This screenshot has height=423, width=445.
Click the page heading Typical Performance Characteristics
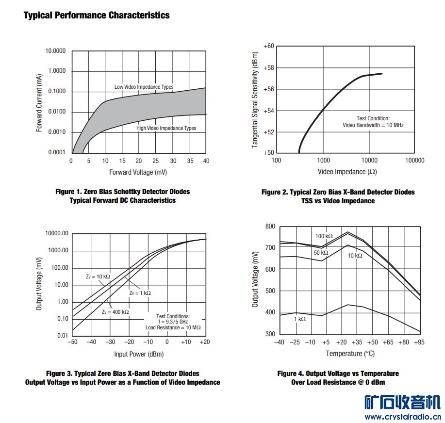pos(97,15)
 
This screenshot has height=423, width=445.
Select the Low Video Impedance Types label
pos(144,87)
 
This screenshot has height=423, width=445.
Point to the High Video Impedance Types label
pos(166,128)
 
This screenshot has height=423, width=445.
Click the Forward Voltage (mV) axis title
pos(138,173)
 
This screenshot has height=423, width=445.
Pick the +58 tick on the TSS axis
pos(268,67)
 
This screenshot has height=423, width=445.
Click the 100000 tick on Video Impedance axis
pos(414,161)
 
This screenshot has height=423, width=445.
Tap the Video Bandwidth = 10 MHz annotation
pos(373,125)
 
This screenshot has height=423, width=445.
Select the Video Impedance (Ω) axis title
pos(347,172)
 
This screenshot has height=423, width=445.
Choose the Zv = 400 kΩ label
pos(115,312)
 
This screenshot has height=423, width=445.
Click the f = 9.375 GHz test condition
pos(173,322)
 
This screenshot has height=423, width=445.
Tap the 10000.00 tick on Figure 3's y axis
pos(56,233)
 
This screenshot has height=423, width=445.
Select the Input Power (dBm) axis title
pos(139,354)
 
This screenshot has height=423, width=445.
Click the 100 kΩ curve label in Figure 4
pos(324,236)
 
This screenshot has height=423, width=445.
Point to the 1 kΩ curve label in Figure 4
pos(300,319)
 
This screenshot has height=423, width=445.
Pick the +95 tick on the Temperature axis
pos(419,342)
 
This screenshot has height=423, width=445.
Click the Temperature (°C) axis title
pos(350,354)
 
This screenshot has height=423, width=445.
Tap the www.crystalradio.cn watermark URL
pos(402,416)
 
